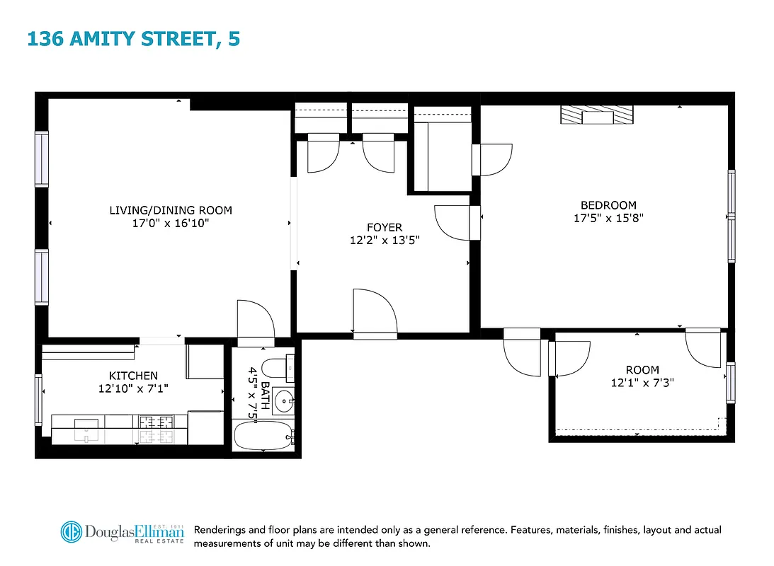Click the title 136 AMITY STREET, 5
[133, 38]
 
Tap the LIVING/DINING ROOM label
[170, 210]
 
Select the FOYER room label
[384, 228]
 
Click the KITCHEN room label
[133, 376]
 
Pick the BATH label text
[265, 393]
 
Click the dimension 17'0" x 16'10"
[170, 223]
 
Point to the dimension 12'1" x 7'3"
[642, 383]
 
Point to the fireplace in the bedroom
[598, 115]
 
